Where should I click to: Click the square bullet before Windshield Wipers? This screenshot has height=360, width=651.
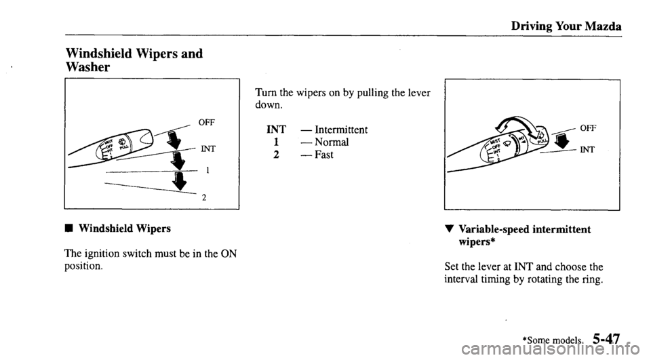point(70,228)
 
